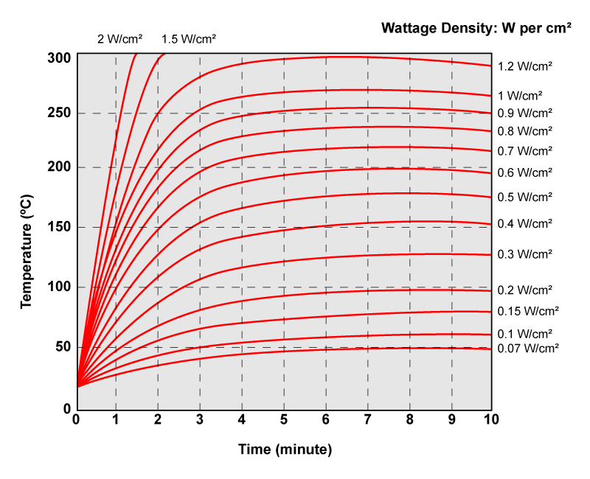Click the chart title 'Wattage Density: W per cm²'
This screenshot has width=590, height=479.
476,28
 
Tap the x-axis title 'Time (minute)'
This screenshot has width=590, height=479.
285,449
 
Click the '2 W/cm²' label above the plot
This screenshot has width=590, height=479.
120,38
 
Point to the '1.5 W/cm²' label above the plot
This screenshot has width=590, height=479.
189,38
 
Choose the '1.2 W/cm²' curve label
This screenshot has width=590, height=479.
525,66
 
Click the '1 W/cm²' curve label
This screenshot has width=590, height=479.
520,95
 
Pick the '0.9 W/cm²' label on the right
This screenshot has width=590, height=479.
525,113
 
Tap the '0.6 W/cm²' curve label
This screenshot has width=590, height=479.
525,172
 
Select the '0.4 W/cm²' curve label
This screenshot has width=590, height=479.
525,223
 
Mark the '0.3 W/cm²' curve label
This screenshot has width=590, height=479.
525,254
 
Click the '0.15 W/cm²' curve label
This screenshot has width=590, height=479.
528,310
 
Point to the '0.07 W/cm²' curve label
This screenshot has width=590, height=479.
528,348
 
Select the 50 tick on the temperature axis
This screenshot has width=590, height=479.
62,347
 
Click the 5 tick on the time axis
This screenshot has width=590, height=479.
284,420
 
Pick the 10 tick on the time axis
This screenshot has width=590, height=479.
491,420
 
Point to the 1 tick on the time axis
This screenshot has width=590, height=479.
116,420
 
